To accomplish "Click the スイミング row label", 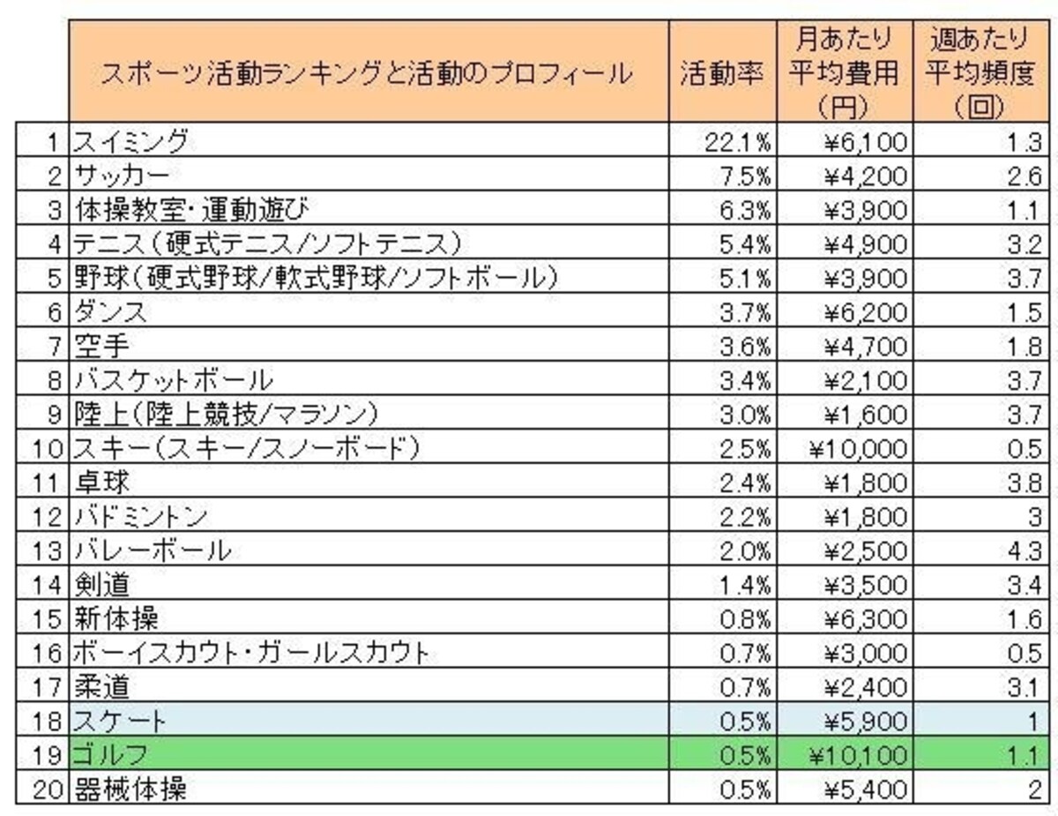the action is pos(130,141).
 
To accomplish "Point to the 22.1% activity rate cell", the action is pos(738,143).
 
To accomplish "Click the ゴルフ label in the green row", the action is pos(109,754).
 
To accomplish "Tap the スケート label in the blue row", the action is pos(119,721).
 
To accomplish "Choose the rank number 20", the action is pos(48,790).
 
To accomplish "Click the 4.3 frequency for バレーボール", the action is pos(1024,551).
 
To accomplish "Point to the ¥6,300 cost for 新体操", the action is pos(866,619).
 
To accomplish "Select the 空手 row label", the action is pos(101,346).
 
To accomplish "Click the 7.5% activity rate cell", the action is pos(745,176).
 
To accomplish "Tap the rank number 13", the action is pos(48,551).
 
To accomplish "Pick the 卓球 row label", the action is pos(101,483).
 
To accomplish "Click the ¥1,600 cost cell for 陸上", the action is pos(866,415).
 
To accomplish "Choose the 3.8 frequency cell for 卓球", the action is pos(1024,483).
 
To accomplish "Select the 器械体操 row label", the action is pos(130,790).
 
